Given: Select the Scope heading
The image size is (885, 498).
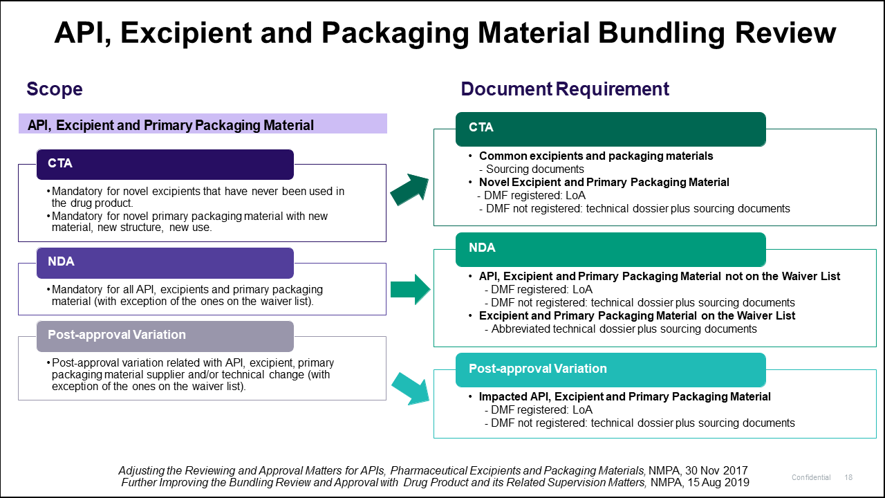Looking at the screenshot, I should [x=54, y=89].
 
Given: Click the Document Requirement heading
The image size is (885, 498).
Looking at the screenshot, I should [x=565, y=89].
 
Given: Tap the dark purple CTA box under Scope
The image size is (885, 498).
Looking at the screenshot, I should [x=165, y=164].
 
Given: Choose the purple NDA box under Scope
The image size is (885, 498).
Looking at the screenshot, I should [x=165, y=263].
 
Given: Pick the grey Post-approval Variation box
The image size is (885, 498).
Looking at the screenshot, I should [x=165, y=335].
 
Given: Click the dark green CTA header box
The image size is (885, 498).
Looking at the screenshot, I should [x=611, y=129].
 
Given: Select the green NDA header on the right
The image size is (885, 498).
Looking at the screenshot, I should [x=611, y=248].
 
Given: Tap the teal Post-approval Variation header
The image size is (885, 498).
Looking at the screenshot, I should [x=611, y=369].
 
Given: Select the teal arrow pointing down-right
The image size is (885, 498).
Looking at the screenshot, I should [x=410, y=388].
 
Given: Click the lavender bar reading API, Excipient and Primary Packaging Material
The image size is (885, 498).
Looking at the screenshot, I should [x=203, y=124].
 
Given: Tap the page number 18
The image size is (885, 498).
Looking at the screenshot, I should [x=848, y=478].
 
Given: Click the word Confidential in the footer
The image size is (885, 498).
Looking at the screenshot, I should [x=811, y=478].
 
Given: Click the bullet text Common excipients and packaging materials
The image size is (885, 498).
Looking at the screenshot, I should [x=595, y=156].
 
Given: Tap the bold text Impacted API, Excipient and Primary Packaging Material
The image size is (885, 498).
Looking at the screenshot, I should [x=624, y=396].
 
